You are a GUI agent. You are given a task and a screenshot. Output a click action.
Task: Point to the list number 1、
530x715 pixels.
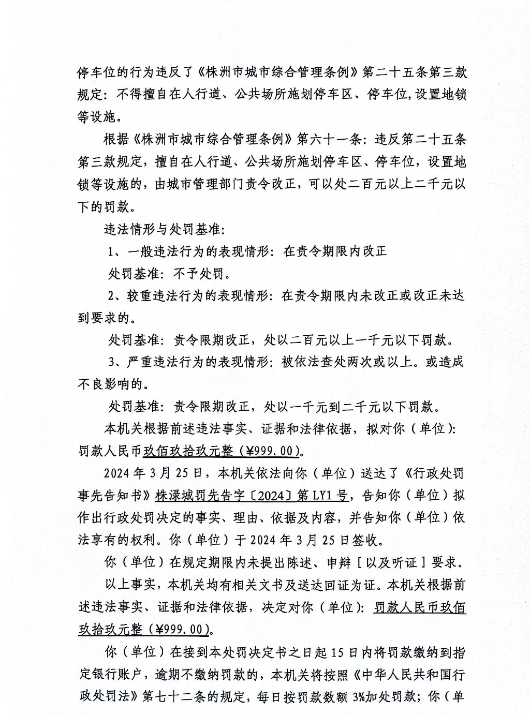tap(115, 251)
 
